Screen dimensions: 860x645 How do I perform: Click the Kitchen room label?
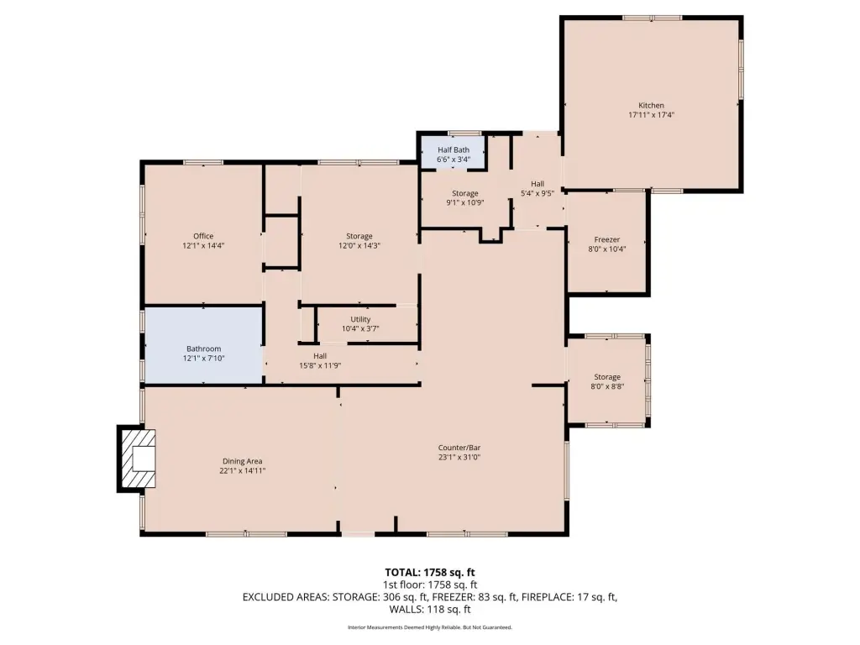tap(651, 105)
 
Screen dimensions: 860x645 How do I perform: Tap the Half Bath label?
tap(454, 149)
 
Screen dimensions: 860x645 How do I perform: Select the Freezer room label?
tap(607, 239)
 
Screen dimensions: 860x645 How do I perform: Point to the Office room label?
tap(203, 236)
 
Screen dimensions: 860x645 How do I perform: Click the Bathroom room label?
tap(203, 349)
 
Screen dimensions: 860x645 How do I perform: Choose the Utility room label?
tap(360, 319)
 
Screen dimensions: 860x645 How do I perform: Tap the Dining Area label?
tap(243, 461)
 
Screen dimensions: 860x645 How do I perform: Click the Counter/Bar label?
tap(459, 448)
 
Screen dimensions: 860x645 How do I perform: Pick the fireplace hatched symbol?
tap(138, 459)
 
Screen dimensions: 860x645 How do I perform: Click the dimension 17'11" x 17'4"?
tap(651, 115)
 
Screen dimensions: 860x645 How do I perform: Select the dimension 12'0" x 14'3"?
tap(359, 246)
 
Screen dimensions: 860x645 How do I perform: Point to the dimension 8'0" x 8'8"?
tap(607, 386)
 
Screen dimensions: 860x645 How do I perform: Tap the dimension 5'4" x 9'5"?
tap(537, 193)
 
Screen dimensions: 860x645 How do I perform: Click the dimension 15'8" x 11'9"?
tap(320, 365)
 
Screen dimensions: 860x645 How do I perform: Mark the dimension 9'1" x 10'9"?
tap(465, 202)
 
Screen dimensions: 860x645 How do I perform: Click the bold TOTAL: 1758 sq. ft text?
tap(430, 573)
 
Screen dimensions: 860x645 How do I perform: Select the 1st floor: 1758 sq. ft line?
tap(430, 585)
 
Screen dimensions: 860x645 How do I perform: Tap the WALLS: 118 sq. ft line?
tap(430, 610)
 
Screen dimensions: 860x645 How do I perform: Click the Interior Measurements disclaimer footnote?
tap(430, 627)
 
